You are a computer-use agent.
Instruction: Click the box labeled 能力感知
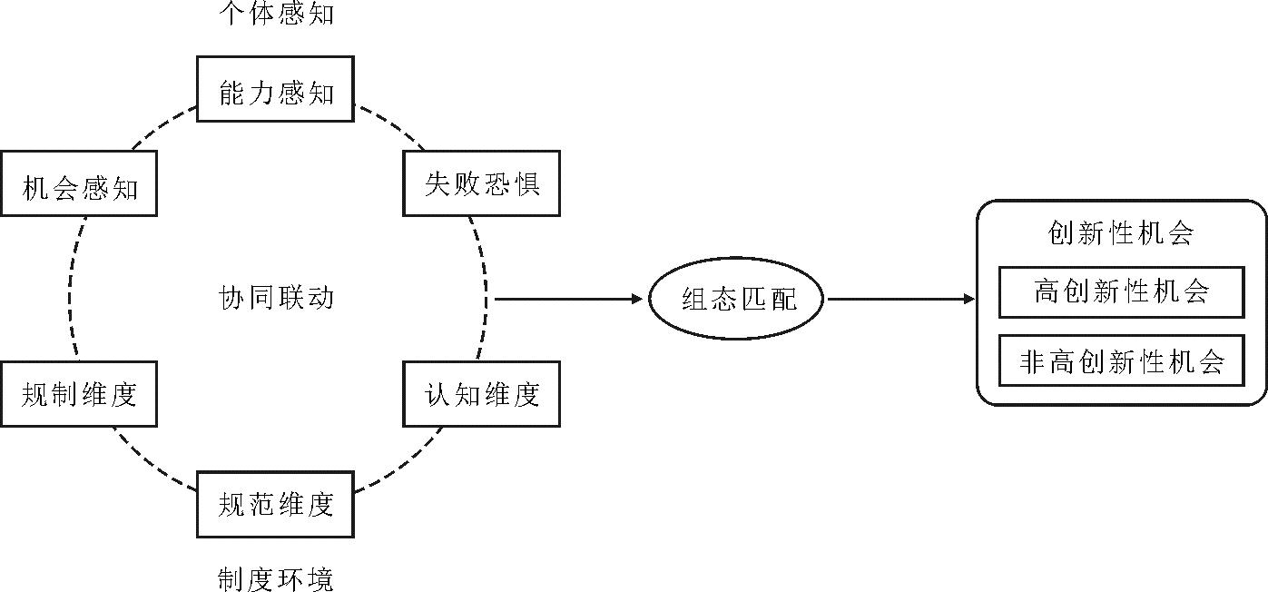[x=275, y=89]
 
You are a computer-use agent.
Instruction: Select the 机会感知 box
[x=79, y=184]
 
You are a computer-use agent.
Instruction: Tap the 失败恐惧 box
[x=481, y=184]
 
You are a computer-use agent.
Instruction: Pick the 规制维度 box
[x=79, y=393]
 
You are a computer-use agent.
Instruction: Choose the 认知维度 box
[x=481, y=393]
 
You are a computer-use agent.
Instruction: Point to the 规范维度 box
[x=275, y=503]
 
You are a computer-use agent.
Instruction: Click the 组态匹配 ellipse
[x=736, y=298]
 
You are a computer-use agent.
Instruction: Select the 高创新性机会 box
[x=1121, y=291]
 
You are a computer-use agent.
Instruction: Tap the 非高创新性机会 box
[x=1121, y=361]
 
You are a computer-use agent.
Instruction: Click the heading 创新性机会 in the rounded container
[x=1120, y=233]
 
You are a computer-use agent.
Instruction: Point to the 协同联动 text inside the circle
[x=276, y=297]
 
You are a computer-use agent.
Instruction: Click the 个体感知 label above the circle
[x=276, y=14]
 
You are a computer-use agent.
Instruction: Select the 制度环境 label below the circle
[x=276, y=578]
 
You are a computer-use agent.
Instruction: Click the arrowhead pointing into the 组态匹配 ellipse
[x=637, y=298]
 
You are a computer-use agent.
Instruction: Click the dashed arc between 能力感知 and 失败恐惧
[x=390, y=128]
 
